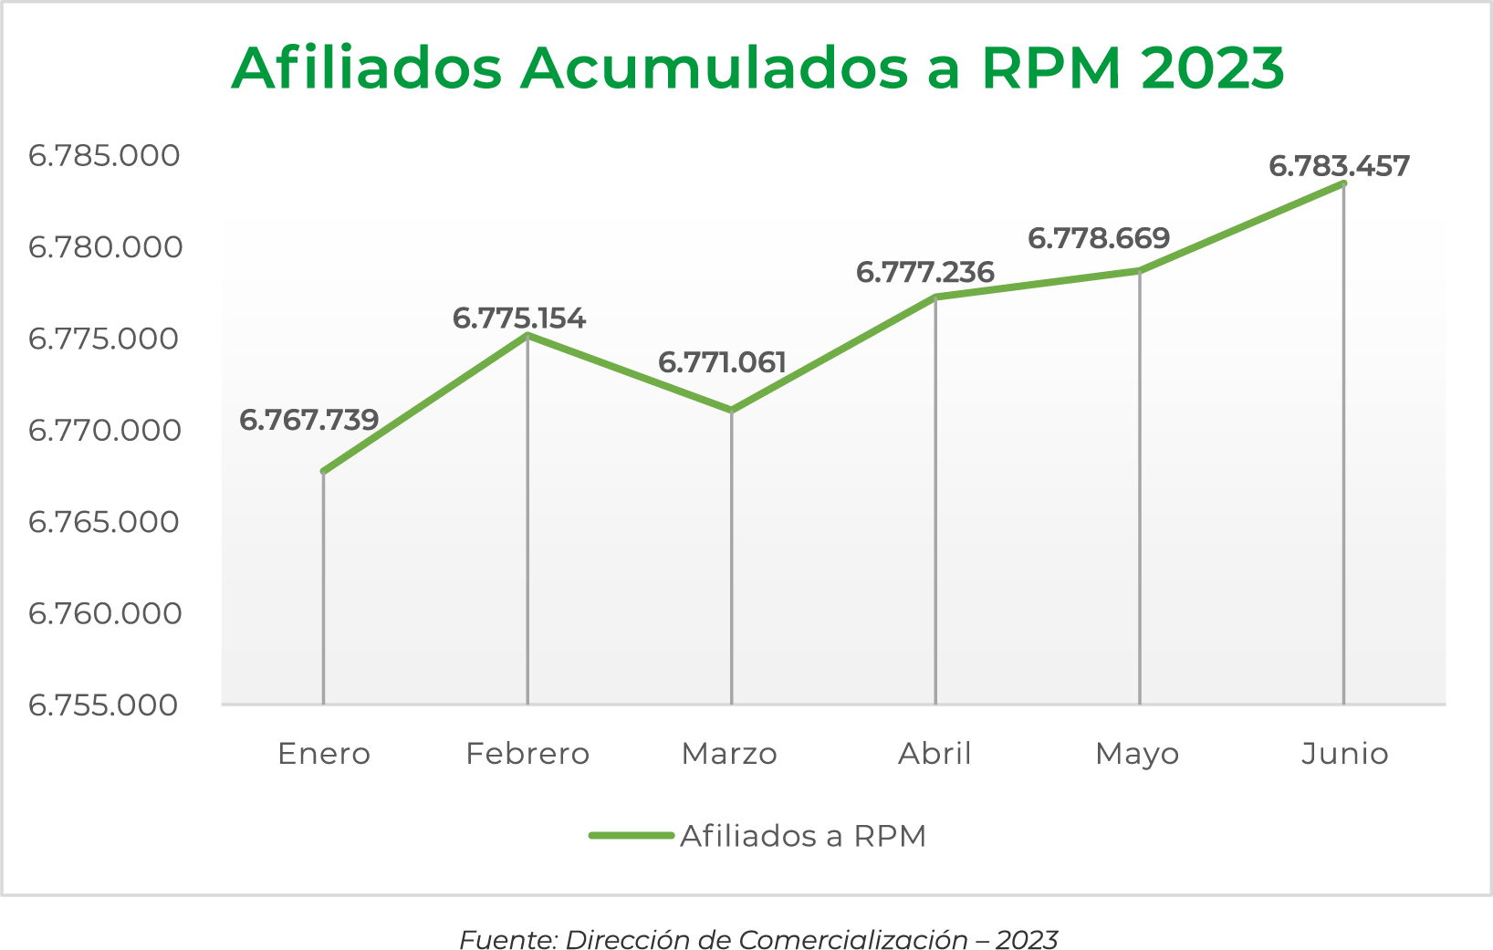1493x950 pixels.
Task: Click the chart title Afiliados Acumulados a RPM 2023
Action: [757, 68]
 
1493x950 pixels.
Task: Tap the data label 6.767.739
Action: [308, 420]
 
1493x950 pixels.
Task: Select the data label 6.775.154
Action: [518, 318]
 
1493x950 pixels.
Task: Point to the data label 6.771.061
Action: [722, 363]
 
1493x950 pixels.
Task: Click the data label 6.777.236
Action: [924, 272]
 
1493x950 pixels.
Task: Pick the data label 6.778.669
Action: [1099, 238]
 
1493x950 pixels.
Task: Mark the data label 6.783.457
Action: [1339, 166]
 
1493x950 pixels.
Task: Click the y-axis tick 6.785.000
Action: [104, 155]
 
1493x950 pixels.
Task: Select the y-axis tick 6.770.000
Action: [104, 430]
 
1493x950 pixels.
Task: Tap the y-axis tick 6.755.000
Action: [104, 705]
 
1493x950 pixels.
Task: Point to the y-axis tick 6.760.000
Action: [104, 613]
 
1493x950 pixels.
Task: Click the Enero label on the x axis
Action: [324, 754]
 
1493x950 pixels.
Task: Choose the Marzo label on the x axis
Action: [729, 754]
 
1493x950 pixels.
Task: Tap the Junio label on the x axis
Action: [1344, 754]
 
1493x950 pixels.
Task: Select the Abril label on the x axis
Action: [934, 754]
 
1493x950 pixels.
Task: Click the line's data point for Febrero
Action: [527, 336]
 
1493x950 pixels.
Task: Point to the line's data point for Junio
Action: [1343, 183]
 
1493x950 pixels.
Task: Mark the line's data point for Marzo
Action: [732, 411]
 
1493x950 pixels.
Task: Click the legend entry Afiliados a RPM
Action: [802, 836]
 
